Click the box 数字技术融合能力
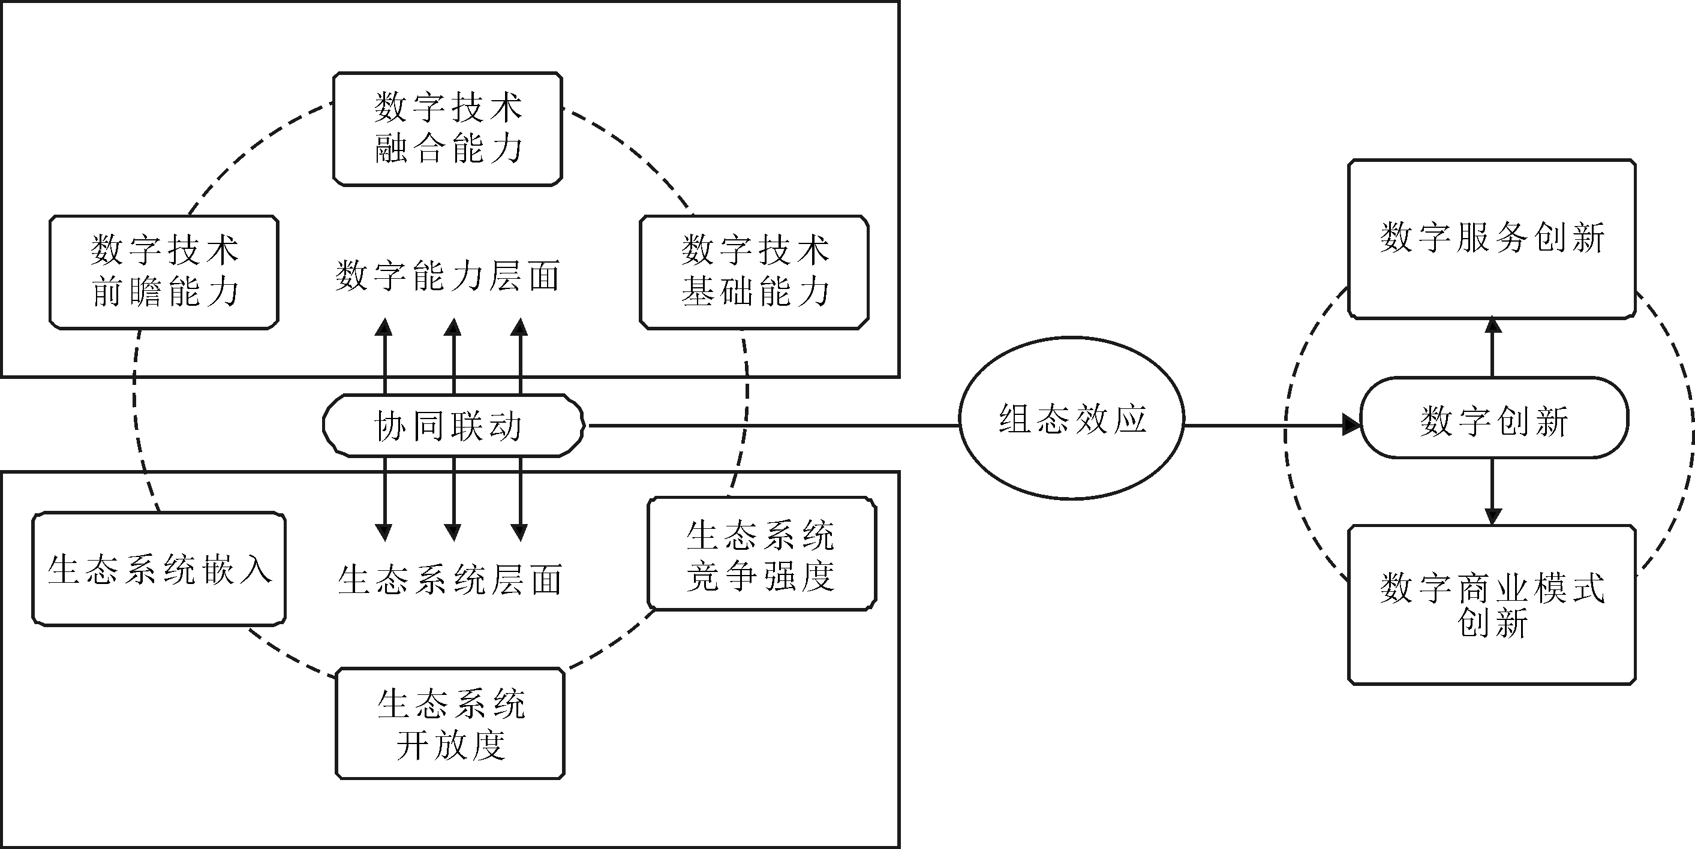(447, 129)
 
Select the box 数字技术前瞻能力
(164, 272)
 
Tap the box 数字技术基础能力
(754, 272)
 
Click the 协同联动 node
(453, 426)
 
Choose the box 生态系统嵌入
(159, 569)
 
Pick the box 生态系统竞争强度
(761, 554)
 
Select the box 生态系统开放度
(450, 724)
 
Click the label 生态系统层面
(450, 580)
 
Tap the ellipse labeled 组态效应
(1072, 419)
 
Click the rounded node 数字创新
(1493, 419)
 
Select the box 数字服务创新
(1492, 239)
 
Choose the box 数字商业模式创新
(1492, 605)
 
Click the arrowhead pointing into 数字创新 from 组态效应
(1350, 425)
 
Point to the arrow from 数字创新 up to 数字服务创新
(1493, 348)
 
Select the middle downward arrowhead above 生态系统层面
(453, 531)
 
